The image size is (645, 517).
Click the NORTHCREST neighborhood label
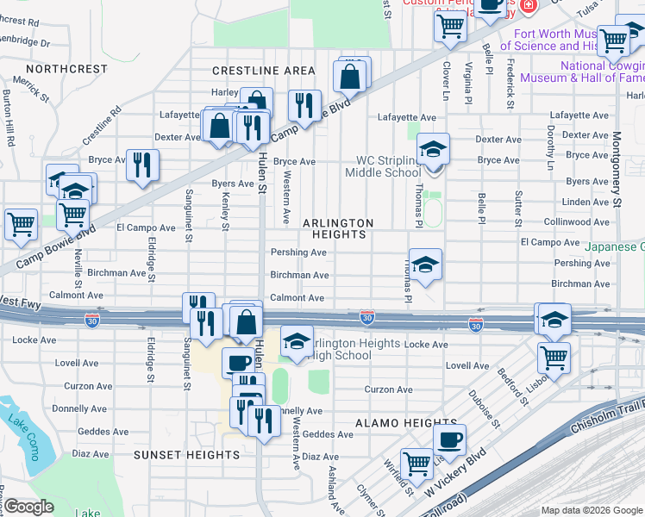(x=66, y=69)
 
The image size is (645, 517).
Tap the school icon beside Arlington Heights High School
(x=296, y=342)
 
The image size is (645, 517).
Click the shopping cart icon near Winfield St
(x=416, y=464)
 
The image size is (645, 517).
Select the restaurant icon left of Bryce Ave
(x=142, y=163)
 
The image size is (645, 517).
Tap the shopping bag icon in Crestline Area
(x=350, y=76)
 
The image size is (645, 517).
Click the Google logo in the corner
(x=28, y=507)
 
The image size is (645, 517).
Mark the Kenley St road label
(x=226, y=212)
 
